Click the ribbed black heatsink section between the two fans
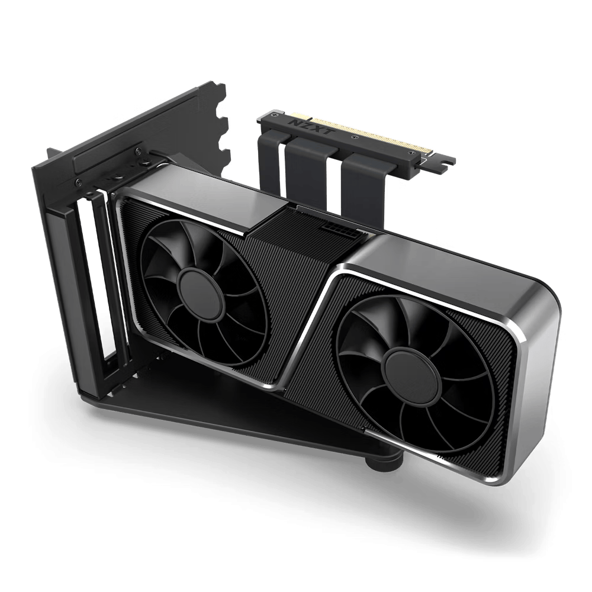302,278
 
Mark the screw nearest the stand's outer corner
79,180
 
